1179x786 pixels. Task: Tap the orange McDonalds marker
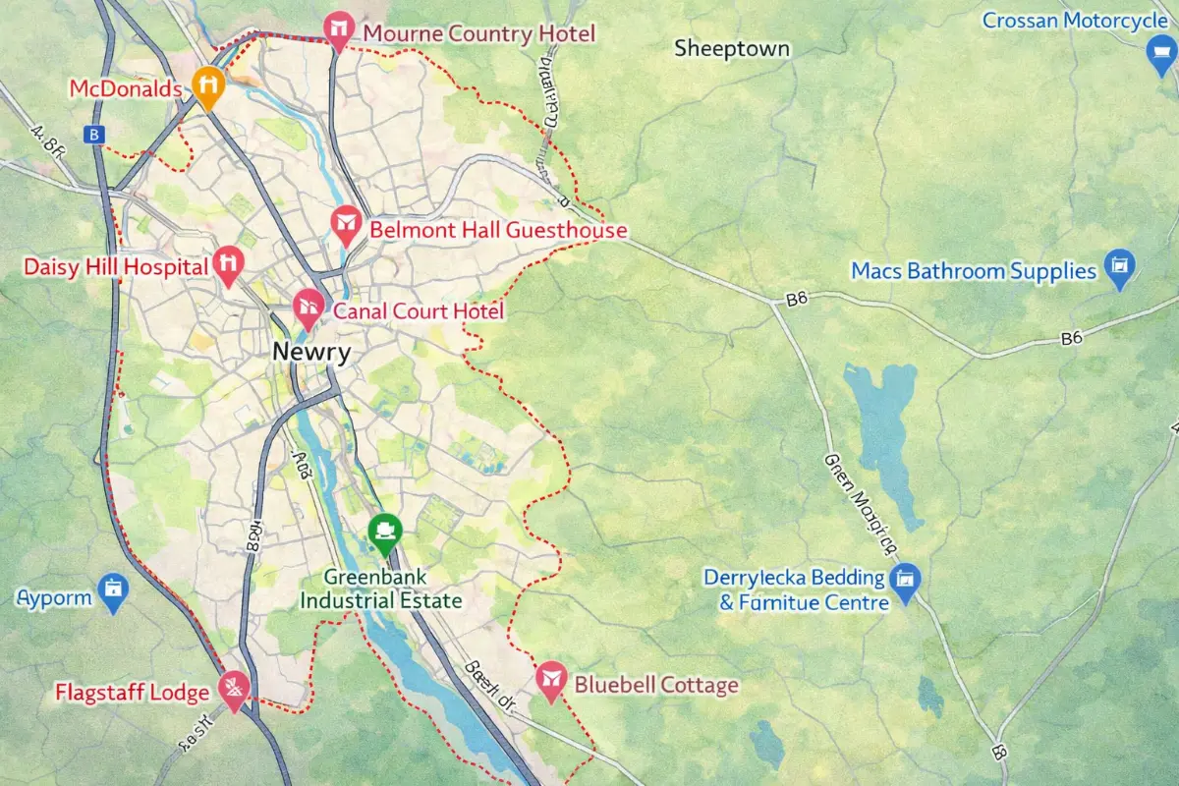click(208, 85)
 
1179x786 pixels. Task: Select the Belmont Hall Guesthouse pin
click(345, 225)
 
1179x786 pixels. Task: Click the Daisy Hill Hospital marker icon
click(229, 263)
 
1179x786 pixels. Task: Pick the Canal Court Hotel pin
click(309, 308)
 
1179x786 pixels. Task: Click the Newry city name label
click(311, 353)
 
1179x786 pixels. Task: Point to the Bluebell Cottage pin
click(551, 679)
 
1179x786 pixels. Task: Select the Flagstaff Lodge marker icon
click(235, 688)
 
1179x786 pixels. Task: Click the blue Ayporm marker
click(114, 591)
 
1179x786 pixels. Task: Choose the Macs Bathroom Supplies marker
click(1119, 266)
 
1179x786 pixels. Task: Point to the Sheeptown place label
click(732, 48)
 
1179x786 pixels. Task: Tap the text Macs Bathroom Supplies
click(973, 270)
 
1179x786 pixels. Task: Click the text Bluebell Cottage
click(655, 685)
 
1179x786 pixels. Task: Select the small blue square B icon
click(94, 136)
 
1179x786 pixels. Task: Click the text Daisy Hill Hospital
click(116, 266)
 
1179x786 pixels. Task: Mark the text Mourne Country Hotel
click(478, 34)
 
